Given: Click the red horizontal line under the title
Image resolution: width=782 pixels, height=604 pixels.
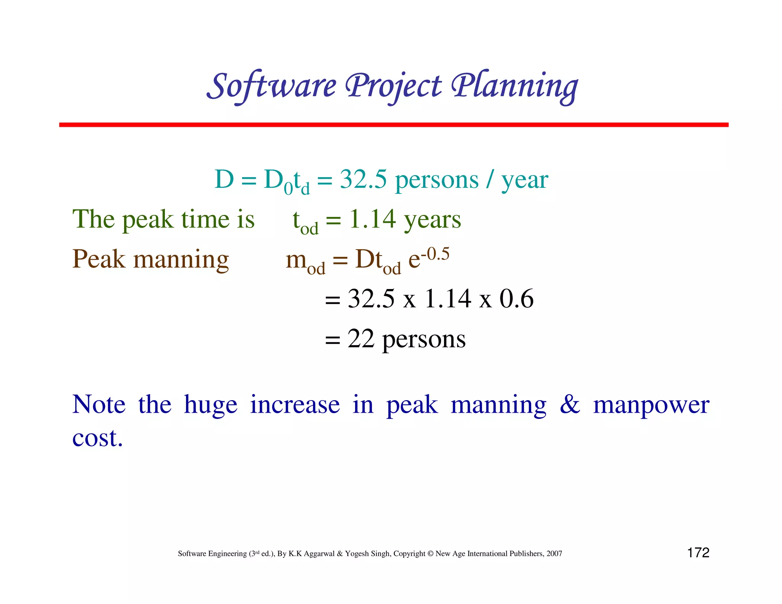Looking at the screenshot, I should [393, 125].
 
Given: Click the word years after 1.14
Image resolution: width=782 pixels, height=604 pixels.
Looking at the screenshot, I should [432, 220].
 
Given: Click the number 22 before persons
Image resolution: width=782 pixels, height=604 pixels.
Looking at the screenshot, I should [360, 339].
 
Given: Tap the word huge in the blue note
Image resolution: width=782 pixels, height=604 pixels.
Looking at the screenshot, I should [210, 405].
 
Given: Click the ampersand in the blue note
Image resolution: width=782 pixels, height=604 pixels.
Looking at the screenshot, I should [570, 405].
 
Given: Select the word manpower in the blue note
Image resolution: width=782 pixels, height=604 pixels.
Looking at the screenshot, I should [651, 405].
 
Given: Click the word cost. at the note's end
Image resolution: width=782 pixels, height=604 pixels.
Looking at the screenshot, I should [98, 438].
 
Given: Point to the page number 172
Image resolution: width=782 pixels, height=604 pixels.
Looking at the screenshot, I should [698, 553].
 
